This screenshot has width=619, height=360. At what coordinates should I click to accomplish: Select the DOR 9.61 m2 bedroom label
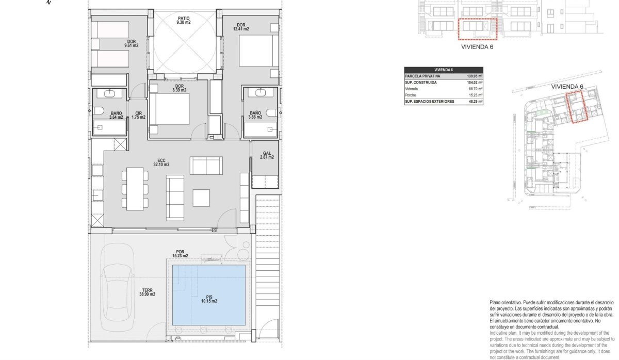tap(132, 43)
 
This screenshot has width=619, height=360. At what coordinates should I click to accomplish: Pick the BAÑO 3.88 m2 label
tap(255, 115)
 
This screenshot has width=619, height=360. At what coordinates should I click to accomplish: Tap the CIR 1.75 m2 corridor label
tap(138, 115)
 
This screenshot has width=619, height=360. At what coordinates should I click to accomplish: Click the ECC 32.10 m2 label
tap(161, 162)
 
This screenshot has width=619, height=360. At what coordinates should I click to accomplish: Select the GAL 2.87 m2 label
tap(267, 155)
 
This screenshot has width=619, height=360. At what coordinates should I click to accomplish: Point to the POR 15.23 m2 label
tap(180, 254)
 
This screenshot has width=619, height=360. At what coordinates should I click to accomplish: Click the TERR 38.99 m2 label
tap(147, 292)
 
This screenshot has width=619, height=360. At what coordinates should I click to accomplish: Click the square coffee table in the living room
tap(201, 198)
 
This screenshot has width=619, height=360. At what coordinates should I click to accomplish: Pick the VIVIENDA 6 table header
tap(444, 70)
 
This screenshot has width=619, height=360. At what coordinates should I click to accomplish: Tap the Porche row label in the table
tap(412, 95)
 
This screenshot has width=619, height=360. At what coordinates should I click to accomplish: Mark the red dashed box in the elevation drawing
tap(477, 29)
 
